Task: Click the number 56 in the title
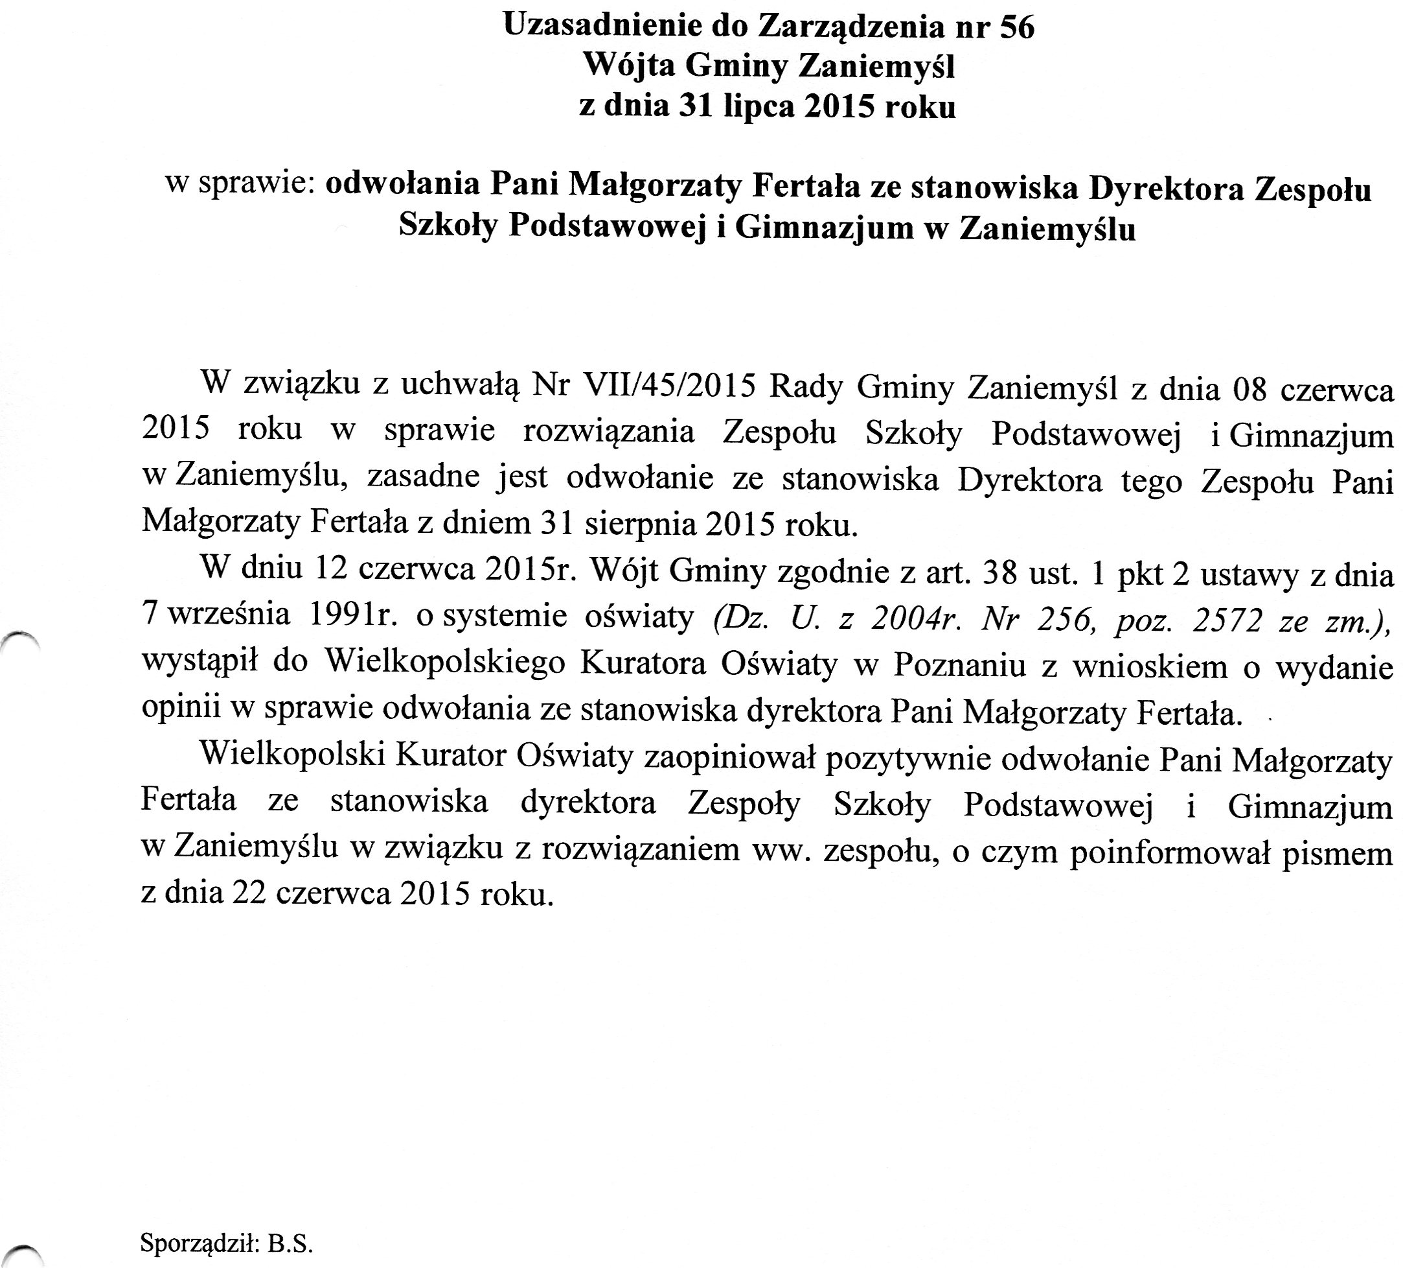pyautogui.click(x=1016, y=27)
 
